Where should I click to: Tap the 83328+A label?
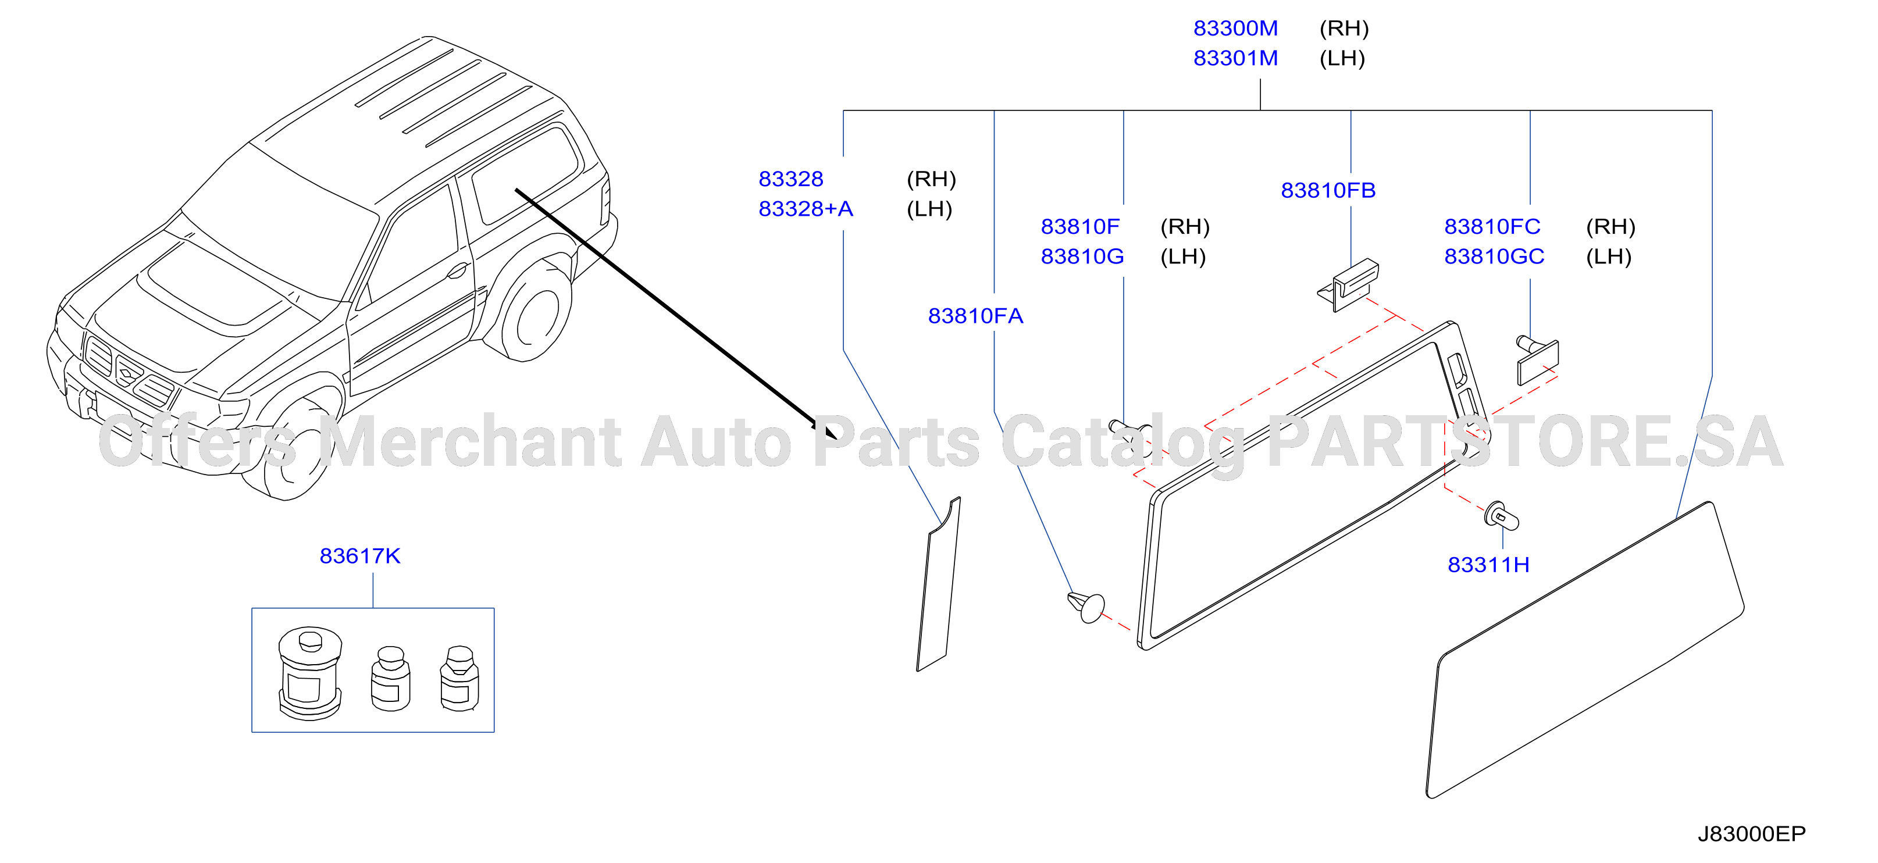[x=806, y=209]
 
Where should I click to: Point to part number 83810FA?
[x=975, y=316]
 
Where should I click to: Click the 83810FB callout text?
[x=1328, y=191]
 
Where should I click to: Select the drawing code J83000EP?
[x=1751, y=834]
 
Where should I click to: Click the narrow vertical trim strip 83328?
[x=938, y=584]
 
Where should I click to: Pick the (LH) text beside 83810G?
[x=1183, y=257]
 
